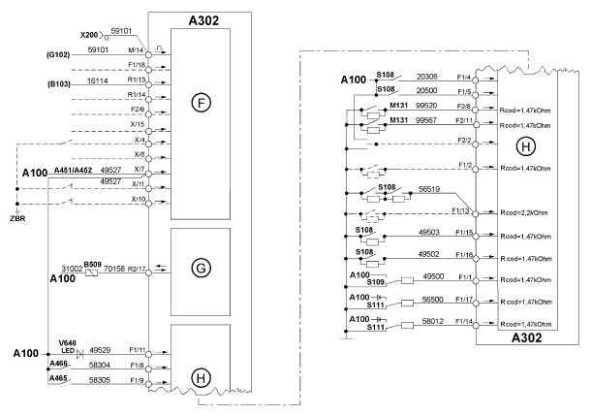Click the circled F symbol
point(201,100)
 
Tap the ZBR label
point(16,218)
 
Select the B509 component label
point(93,263)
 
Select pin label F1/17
point(461,301)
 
